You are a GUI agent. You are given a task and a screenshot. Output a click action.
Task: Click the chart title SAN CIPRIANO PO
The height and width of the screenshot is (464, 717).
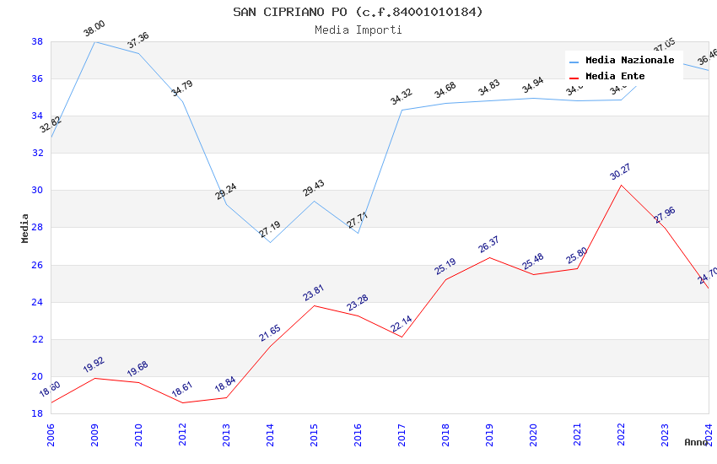pos(358,12)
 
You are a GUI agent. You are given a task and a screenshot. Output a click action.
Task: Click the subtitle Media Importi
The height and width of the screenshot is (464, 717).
pos(358,30)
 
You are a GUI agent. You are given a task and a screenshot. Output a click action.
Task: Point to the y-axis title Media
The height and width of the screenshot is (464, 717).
pos(25,228)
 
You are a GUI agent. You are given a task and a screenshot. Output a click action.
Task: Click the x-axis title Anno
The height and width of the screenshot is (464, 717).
pos(696,442)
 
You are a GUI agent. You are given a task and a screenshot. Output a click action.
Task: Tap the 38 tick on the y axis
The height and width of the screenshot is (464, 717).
pos(37,41)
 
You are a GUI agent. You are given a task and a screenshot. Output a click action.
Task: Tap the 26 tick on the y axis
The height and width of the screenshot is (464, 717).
pos(37,265)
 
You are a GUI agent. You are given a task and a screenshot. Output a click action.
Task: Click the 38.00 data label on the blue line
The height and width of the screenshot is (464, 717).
pos(94,31)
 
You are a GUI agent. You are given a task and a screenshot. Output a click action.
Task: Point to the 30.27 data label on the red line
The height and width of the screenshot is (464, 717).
pos(620,173)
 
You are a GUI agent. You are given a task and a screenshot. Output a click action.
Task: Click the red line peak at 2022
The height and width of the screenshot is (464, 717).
pos(621,185)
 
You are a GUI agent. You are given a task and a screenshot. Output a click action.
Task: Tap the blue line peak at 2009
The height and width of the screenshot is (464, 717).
pos(94,41)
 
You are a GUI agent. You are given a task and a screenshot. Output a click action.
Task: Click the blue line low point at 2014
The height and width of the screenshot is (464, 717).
pos(270,242)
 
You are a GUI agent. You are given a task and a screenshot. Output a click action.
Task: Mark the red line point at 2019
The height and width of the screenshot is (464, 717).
pos(489,257)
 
